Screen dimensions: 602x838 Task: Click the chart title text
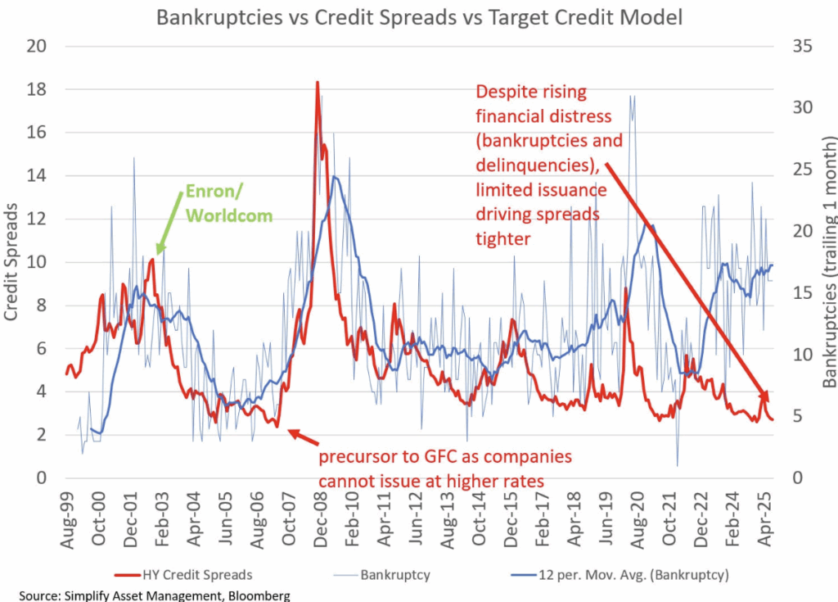coord(418,16)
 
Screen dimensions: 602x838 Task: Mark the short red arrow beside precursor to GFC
coord(300,438)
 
